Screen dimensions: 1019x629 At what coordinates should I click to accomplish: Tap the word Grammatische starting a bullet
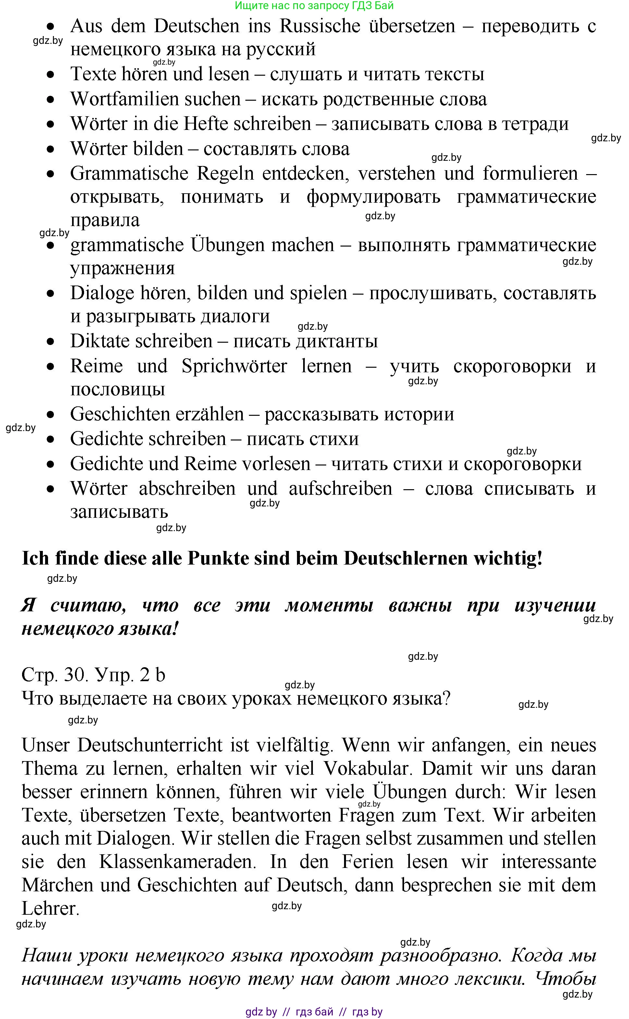[x=129, y=173]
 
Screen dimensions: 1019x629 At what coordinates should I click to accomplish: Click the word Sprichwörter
[x=234, y=366]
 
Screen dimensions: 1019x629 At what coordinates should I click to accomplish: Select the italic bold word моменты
[x=329, y=605]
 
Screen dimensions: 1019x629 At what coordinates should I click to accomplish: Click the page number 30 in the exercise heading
[x=75, y=675]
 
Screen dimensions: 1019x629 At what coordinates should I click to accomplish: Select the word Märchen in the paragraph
[x=57, y=885]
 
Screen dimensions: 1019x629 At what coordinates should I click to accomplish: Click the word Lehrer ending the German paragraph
[x=50, y=908]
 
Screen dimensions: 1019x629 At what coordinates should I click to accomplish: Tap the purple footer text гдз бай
[x=314, y=1012]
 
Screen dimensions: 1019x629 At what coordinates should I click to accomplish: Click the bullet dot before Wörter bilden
[x=51, y=149]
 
